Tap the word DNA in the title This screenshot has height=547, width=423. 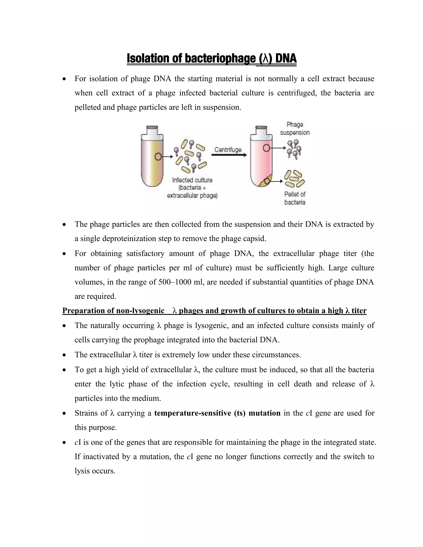[286, 59]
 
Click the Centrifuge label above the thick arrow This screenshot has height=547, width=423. [228, 150]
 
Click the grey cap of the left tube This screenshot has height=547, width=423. [152, 130]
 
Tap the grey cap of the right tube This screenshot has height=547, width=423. [261, 130]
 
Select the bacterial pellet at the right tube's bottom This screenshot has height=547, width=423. [265, 182]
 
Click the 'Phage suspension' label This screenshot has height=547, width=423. [295, 128]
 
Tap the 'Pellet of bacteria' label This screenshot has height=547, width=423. [295, 198]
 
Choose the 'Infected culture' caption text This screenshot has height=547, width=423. [192, 180]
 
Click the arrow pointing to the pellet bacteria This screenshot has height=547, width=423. [277, 181]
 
